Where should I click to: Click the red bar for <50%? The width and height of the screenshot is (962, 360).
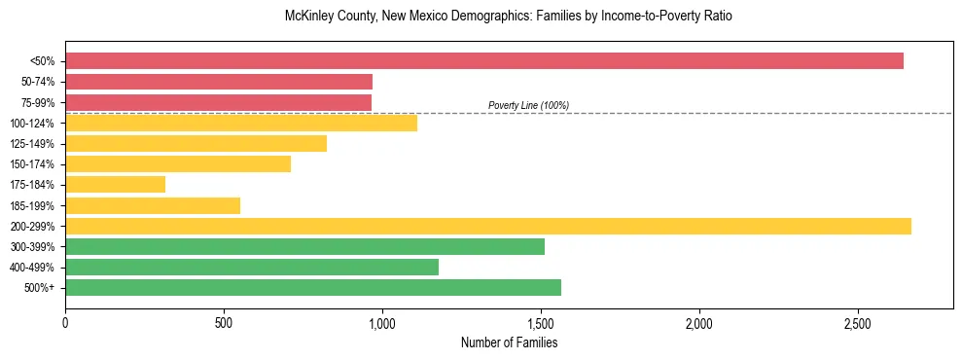click(483, 61)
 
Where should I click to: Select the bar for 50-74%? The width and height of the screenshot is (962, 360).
click(219, 82)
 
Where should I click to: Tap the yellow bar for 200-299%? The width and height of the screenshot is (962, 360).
click(487, 226)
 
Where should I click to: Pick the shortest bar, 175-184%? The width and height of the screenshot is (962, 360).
click(115, 185)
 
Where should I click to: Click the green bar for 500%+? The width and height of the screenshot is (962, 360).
click(312, 288)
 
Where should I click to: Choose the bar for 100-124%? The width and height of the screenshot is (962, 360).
click(240, 123)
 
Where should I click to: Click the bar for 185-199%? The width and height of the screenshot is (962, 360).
click(152, 205)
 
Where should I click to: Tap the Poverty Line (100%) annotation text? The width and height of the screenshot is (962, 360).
click(528, 105)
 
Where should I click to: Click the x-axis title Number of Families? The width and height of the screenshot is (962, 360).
click(509, 342)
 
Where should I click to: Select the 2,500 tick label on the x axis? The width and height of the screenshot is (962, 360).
click(858, 323)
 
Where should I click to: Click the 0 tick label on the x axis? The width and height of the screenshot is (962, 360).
click(65, 323)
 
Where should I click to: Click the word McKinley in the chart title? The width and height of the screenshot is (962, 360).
click(308, 17)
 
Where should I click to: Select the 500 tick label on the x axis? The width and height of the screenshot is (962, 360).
click(224, 323)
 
